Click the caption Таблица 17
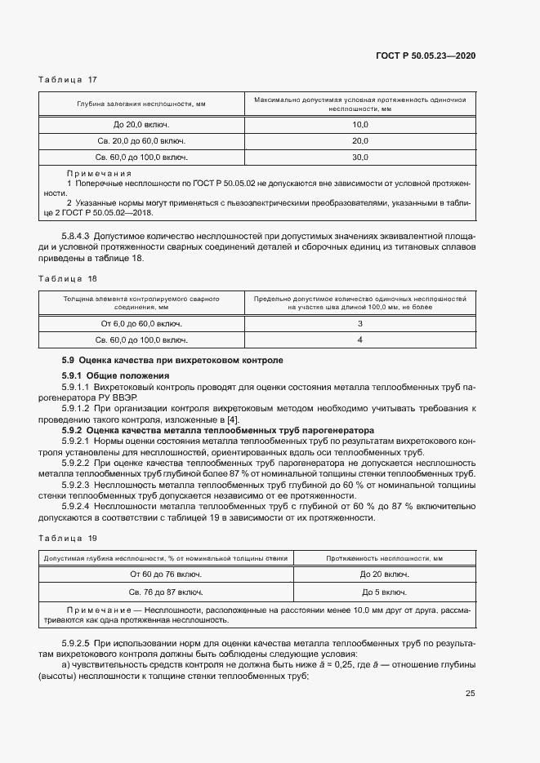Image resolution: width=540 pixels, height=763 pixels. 68,79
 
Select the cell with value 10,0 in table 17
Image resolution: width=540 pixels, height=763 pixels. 360,124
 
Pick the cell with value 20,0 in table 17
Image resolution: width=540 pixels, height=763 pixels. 360,140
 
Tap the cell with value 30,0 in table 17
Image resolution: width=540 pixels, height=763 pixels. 360,157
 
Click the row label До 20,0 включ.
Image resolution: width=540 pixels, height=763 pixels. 141,124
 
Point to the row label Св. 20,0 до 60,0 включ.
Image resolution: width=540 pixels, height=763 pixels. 141,140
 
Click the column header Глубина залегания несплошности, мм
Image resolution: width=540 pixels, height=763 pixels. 141,104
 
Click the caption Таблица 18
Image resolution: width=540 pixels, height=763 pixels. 68,278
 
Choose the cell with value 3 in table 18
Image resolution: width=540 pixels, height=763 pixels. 360,323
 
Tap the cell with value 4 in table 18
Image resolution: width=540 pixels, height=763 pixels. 360,339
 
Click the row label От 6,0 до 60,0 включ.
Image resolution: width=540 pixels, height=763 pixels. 141,323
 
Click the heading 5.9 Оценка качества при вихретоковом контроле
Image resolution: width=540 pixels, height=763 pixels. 172,360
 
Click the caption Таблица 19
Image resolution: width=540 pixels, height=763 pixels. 68,538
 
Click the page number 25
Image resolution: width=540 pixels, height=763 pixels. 471,694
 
